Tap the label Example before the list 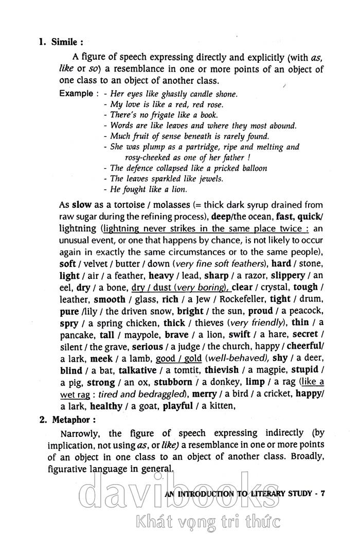click(76, 94)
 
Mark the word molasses click(164, 204)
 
